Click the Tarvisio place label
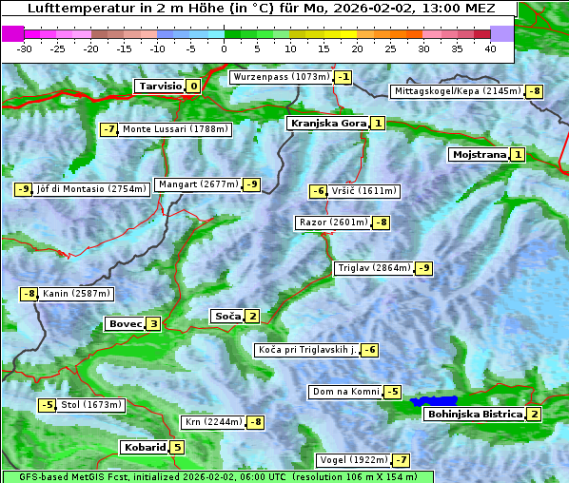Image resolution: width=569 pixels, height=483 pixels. tap(159, 87)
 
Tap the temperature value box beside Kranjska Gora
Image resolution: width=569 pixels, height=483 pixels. tap(378, 123)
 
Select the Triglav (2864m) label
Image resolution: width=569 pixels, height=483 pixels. tap(374, 268)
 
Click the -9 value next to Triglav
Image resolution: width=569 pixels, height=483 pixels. tap(423, 268)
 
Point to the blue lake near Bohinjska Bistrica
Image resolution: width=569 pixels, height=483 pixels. tap(434, 401)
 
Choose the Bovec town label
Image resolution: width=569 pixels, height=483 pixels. tap(125, 324)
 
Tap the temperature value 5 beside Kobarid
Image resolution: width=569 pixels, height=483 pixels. tap(177, 448)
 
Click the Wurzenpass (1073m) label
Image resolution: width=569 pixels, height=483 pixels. tap(281, 76)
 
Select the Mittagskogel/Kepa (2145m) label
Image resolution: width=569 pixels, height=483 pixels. tap(457, 91)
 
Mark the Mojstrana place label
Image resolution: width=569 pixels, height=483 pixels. tap(479, 154)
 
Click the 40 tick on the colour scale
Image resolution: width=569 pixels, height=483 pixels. tap(490, 48)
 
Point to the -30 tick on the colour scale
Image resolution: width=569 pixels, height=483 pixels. tap(25, 48)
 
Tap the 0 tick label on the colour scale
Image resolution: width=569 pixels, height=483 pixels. tap(224, 48)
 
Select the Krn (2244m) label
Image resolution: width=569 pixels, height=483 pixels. tap(213, 421)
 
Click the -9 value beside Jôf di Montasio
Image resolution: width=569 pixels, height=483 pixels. tap(23, 189)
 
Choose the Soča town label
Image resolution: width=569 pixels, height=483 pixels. tap(227, 316)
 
